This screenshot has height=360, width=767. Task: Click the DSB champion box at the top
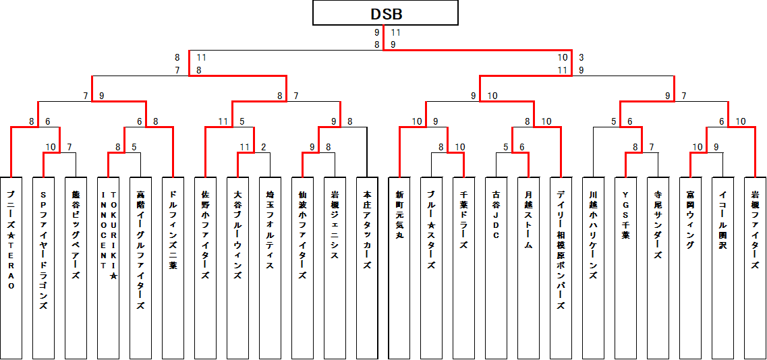[x=386, y=13]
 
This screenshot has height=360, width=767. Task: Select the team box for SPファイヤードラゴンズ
[x=43, y=268]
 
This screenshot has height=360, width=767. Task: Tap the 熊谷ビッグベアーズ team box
[x=76, y=268]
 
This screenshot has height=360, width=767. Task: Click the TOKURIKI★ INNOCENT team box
[x=108, y=268]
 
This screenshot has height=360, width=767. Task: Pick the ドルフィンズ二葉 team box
[x=173, y=268]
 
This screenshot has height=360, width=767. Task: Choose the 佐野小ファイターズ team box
[x=205, y=268]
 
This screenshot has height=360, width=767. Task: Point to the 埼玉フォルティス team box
[x=270, y=268]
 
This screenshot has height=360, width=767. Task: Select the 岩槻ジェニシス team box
[x=335, y=268]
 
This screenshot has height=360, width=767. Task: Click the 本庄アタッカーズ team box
[x=367, y=268]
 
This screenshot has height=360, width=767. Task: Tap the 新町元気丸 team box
[x=399, y=268]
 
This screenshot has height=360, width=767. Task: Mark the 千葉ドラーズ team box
[x=464, y=268]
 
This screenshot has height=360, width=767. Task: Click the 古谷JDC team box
[x=496, y=268]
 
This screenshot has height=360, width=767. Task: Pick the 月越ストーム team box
[x=529, y=268]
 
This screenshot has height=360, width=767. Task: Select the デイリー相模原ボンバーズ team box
[x=561, y=268]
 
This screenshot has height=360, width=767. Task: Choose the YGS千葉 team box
[x=626, y=268]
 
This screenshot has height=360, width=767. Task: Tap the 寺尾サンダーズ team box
[x=658, y=268]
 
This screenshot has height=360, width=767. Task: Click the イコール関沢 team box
[x=723, y=268]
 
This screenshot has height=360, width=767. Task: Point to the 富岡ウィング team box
[x=691, y=268]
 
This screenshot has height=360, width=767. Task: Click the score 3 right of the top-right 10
[x=581, y=58]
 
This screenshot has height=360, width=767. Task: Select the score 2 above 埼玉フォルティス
[x=263, y=147]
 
